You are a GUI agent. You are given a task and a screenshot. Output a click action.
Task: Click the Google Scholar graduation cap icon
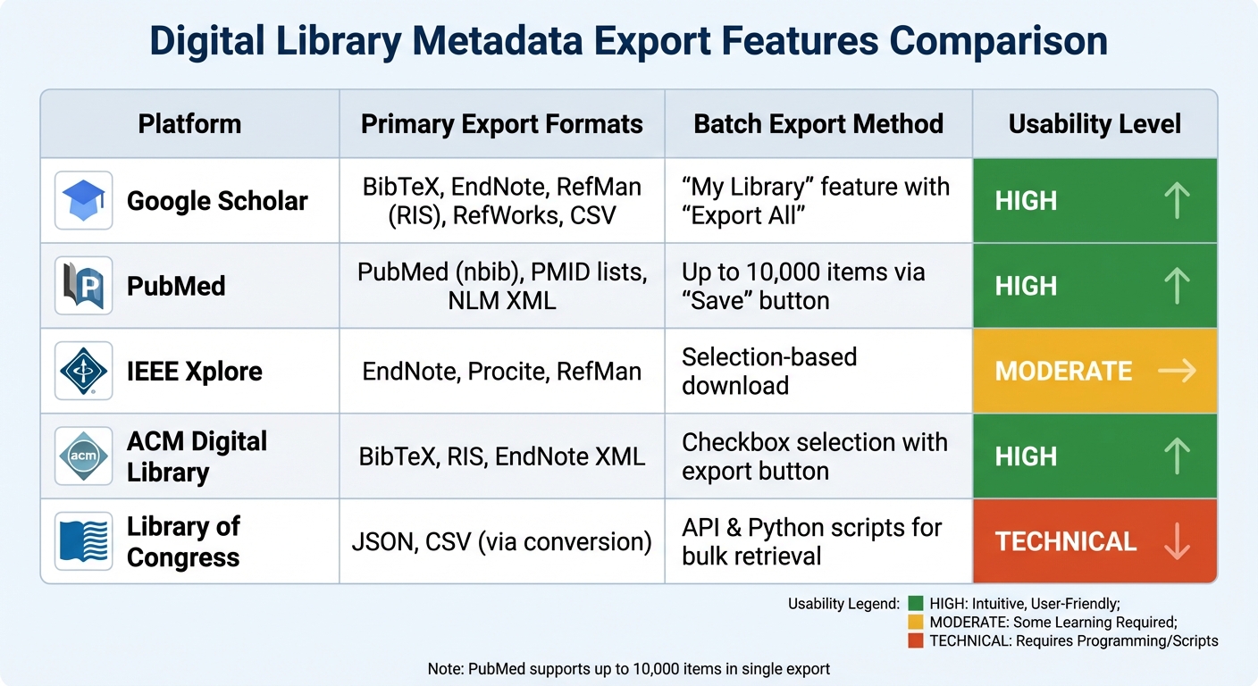click(83, 200)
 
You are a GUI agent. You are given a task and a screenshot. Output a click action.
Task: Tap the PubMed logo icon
click(83, 286)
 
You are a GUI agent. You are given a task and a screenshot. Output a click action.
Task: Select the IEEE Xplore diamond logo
click(83, 371)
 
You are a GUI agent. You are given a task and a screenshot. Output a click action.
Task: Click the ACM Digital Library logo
click(83, 456)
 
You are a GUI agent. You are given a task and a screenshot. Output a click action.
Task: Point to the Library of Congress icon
click(83, 541)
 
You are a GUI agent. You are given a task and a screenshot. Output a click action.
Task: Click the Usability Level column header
click(1094, 124)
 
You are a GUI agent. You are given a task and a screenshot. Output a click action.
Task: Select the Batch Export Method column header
click(818, 124)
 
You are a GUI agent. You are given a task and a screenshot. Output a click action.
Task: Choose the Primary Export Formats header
click(501, 124)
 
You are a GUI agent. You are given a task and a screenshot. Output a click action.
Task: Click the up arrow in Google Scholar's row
click(1178, 200)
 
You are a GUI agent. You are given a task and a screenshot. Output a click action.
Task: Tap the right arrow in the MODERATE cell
click(1178, 371)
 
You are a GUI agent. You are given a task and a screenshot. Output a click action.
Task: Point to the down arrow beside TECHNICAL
click(1178, 541)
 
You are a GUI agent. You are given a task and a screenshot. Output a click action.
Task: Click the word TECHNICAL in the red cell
click(1066, 541)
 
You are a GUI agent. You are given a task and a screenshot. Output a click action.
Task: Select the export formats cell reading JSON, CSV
click(501, 541)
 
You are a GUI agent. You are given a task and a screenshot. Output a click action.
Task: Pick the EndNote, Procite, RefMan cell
click(501, 371)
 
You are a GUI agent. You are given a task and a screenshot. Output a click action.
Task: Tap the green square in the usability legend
click(915, 604)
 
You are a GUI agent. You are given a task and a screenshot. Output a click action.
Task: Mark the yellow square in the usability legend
click(915, 623)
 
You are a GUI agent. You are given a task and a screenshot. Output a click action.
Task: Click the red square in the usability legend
click(915, 640)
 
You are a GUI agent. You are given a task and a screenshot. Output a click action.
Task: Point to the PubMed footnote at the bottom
click(629, 669)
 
